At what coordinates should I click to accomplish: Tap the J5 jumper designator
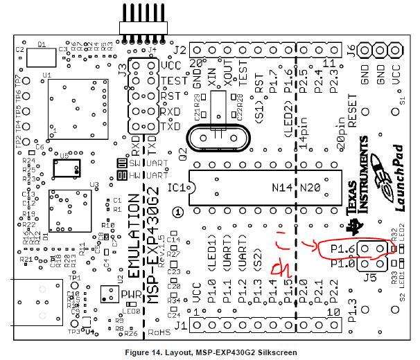(372, 279)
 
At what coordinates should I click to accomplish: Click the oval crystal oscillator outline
(216, 136)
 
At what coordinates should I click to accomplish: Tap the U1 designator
(46, 74)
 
